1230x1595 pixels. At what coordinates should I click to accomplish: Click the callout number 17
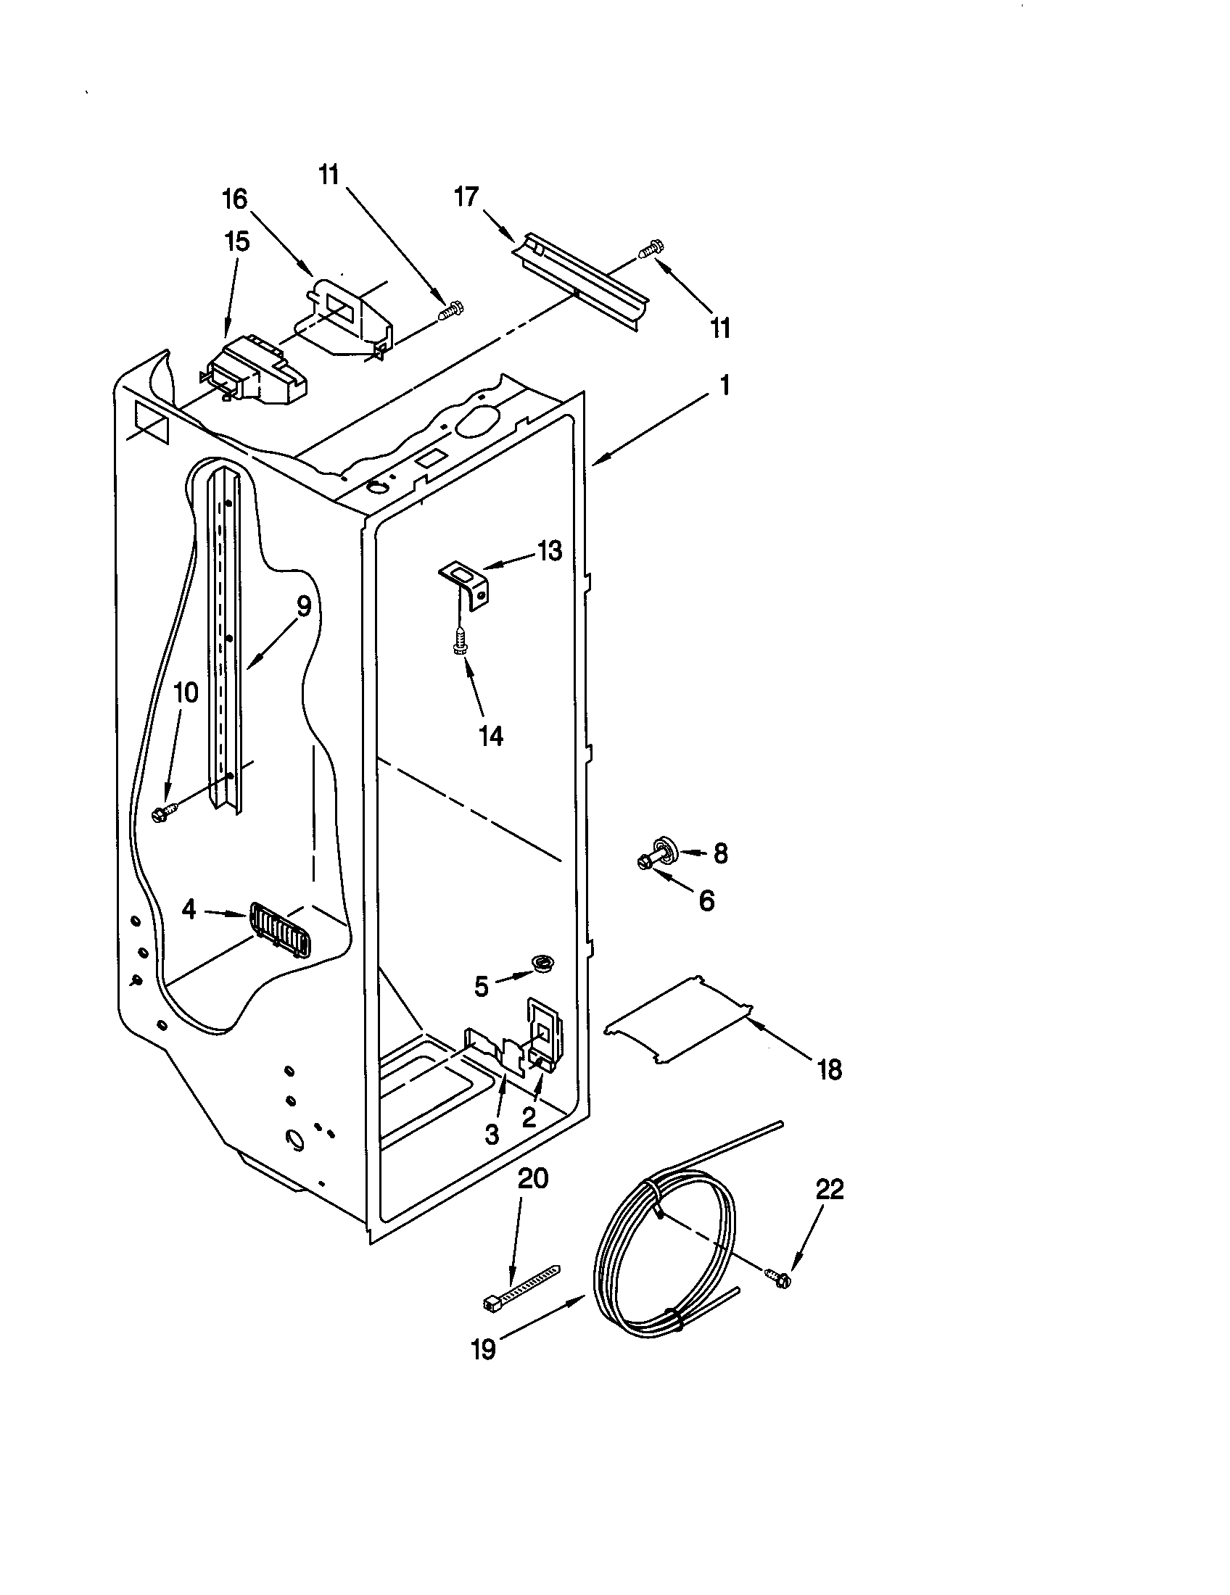(x=467, y=197)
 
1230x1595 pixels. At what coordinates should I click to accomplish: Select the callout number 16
(x=235, y=199)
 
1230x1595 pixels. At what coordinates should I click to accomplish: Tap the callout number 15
(x=236, y=241)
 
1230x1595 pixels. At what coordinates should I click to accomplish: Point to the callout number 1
(x=724, y=386)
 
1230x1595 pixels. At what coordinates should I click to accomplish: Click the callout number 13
(x=549, y=551)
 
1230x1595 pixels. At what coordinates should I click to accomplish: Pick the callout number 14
(x=491, y=736)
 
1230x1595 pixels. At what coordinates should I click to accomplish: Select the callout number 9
(x=304, y=605)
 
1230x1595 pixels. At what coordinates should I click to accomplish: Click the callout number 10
(x=186, y=692)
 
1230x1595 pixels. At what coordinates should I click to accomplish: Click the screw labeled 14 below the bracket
(x=460, y=642)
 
